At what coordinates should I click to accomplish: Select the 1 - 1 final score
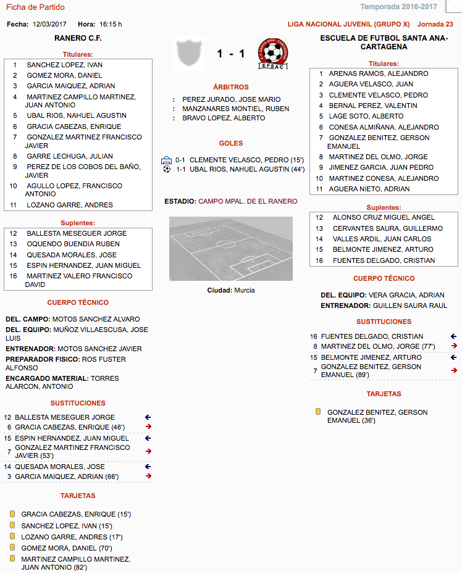(x=230, y=54)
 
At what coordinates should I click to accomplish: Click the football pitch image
(x=231, y=249)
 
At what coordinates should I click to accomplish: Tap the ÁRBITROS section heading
(x=230, y=87)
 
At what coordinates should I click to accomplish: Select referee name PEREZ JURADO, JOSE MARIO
(x=231, y=99)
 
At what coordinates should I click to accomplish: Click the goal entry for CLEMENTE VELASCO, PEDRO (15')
(x=246, y=159)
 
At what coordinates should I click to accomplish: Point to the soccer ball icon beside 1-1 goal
(x=167, y=168)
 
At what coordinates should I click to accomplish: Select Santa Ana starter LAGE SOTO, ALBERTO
(x=366, y=116)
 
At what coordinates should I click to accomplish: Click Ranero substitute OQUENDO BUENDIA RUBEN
(x=73, y=244)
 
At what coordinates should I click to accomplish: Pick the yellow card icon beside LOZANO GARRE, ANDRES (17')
(x=12, y=536)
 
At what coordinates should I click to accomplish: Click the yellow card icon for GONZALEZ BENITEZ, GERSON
(x=318, y=411)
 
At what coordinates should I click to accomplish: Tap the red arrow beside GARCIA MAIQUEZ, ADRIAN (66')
(x=148, y=476)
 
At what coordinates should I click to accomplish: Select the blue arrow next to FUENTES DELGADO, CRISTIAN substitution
(x=454, y=336)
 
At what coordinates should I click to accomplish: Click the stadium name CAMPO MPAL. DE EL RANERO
(x=248, y=201)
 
